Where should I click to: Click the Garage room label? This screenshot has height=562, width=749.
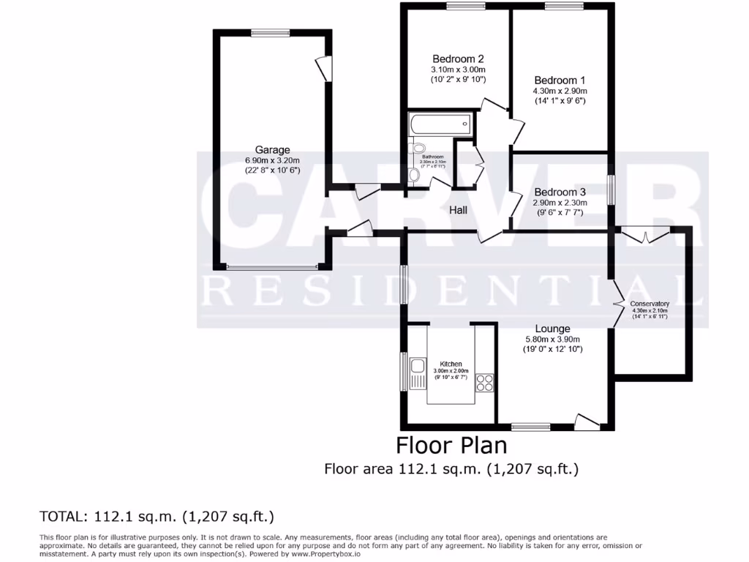tap(272, 150)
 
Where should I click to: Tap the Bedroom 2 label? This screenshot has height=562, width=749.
tap(458, 59)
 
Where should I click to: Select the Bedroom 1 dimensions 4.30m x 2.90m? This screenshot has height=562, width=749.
tap(560, 91)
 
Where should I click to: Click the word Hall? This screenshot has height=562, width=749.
tap(459, 210)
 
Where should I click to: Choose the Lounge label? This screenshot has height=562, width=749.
tap(552, 329)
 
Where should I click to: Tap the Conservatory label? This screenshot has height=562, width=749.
tap(650, 304)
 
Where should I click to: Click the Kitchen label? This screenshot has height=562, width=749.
tap(451, 364)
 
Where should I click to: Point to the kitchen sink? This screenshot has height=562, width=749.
tap(418, 365)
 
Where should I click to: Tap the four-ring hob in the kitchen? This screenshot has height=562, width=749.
tap(484, 381)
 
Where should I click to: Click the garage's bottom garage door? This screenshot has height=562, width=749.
tap(272, 267)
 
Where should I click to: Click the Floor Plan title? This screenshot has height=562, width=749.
tap(451, 444)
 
